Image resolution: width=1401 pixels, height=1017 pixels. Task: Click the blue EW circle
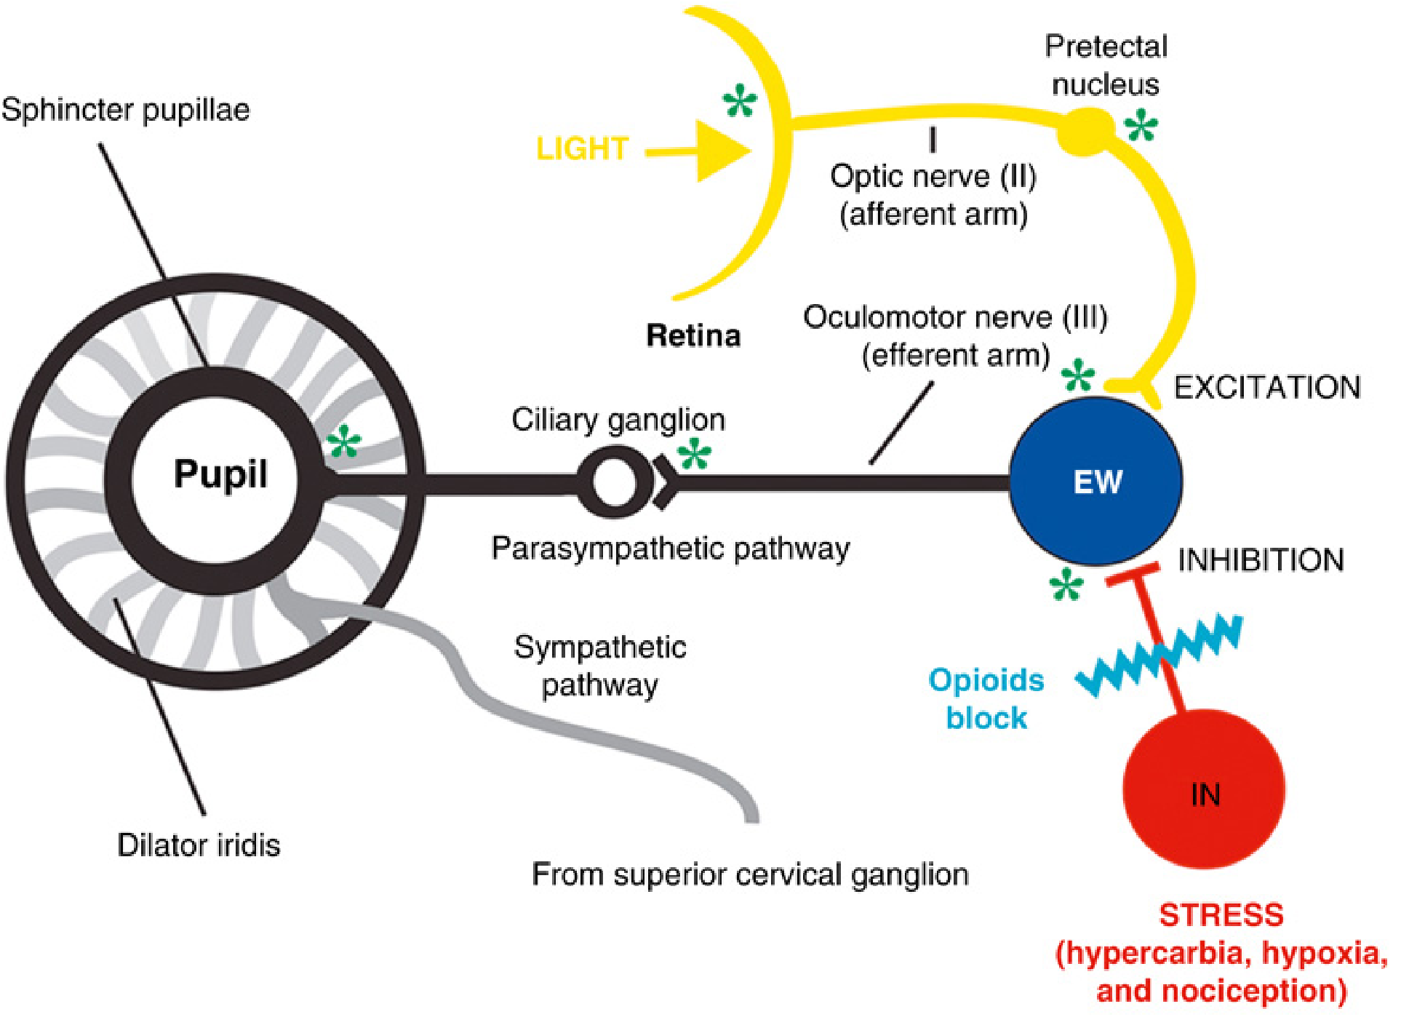(x=1095, y=481)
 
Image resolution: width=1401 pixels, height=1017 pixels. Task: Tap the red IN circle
(x=1204, y=790)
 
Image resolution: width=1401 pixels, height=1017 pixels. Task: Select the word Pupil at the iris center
(x=220, y=474)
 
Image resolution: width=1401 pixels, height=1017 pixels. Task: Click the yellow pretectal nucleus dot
(x=1085, y=131)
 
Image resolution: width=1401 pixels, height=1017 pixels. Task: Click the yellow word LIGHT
(x=582, y=148)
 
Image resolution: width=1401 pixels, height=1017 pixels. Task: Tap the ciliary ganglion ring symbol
(x=614, y=482)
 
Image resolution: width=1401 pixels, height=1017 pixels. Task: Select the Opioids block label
(x=986, y=698)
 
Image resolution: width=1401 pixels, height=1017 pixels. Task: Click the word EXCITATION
(x=1267, y=387)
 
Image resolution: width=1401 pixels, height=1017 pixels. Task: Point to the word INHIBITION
(x=1261, y=560)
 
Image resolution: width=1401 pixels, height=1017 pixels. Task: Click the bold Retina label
(x=693, y=335)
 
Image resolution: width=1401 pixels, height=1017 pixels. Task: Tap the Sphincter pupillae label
(x=125, y=110)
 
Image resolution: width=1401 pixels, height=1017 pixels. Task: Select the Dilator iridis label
(x=199, y=845)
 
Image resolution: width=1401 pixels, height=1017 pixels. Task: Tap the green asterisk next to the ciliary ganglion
(x=694, y=455)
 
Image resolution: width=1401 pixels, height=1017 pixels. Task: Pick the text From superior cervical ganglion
(x=750, y=874)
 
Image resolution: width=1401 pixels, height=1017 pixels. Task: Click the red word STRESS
(x=1221, y=914)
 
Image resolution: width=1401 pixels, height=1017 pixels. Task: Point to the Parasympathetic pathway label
(x=670, y=548)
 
